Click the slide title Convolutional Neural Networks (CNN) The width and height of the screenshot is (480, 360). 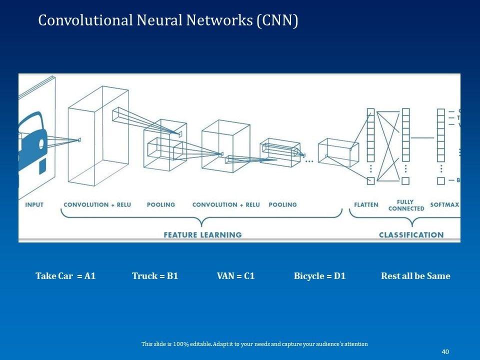point(168,20)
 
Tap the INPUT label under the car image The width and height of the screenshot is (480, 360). point(34,204)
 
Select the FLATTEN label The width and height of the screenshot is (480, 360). point(366,204)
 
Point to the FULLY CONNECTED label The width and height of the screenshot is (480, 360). point(406,205)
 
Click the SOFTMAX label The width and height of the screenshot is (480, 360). point(444,204)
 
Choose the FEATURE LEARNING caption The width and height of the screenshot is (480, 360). point(202,234)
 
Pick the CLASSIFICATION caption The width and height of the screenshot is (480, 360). point(411,234)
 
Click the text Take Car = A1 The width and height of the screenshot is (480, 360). point(65,276)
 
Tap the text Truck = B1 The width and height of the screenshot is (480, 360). point(155,276)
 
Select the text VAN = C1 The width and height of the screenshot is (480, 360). point(235,276)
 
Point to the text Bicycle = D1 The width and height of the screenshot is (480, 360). point(319,276)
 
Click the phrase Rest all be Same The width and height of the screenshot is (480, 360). point(415,276)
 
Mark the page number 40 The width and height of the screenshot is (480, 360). point(445,351)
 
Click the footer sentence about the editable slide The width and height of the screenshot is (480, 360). point(254,344)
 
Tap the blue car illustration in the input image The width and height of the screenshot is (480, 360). point(32,142)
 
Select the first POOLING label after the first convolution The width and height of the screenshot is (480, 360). point(161,204)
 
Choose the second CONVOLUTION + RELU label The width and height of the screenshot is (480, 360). point(226,204)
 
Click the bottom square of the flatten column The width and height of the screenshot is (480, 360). point(370,181)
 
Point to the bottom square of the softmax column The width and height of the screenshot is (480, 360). point(440,181)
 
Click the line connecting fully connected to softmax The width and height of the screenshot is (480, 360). point(423,137)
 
